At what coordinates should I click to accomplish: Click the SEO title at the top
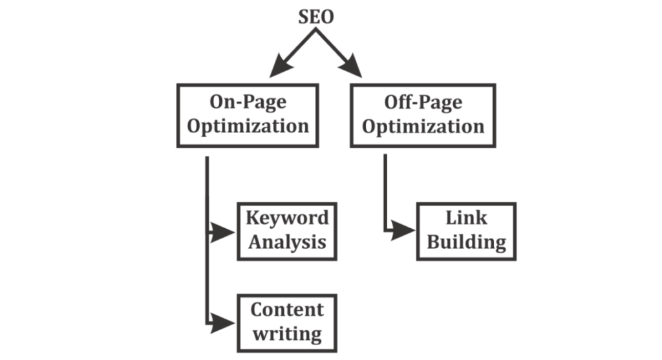coord(316,17)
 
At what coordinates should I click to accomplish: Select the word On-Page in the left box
coord(248,101)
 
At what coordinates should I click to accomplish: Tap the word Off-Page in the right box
coord(423,101)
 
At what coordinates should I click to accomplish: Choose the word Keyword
coord(287,218)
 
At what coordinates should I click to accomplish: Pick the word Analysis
coord(287,242)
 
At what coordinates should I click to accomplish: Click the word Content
coord(287,310)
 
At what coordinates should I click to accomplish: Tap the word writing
coord(287,334)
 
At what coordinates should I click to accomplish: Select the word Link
coord(466,218)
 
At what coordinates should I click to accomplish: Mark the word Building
coord(466,242)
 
